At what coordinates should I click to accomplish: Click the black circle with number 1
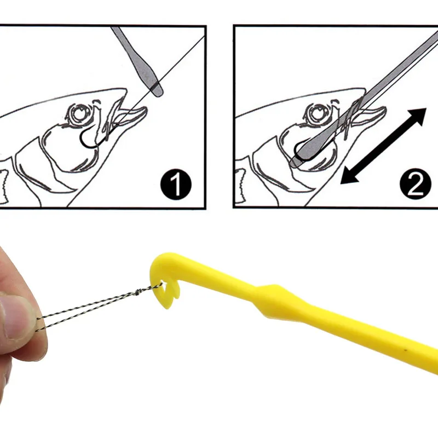point(176,186)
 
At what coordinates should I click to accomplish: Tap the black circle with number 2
point(416,186)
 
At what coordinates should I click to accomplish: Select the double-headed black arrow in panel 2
point(383,146)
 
